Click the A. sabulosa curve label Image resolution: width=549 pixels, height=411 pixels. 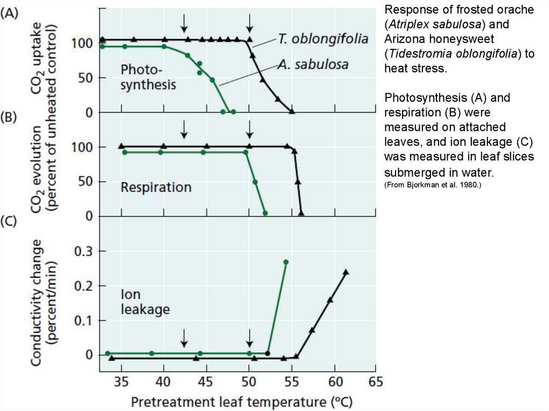click(x=313, y=65)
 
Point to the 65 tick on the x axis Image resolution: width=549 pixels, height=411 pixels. click(x=376, y=382)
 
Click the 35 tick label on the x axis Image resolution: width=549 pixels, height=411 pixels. click(x=121, y=382)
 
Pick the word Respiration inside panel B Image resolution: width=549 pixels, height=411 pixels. click(x=156, y=188)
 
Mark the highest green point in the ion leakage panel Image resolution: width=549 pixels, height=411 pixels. click(x=286, y=262)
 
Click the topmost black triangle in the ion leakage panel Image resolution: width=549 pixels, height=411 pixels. click(x=346, y=272)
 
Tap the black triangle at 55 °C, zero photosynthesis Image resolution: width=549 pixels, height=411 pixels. click(x=292, y=111)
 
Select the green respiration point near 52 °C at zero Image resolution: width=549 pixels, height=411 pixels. click(x=265, y=213)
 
